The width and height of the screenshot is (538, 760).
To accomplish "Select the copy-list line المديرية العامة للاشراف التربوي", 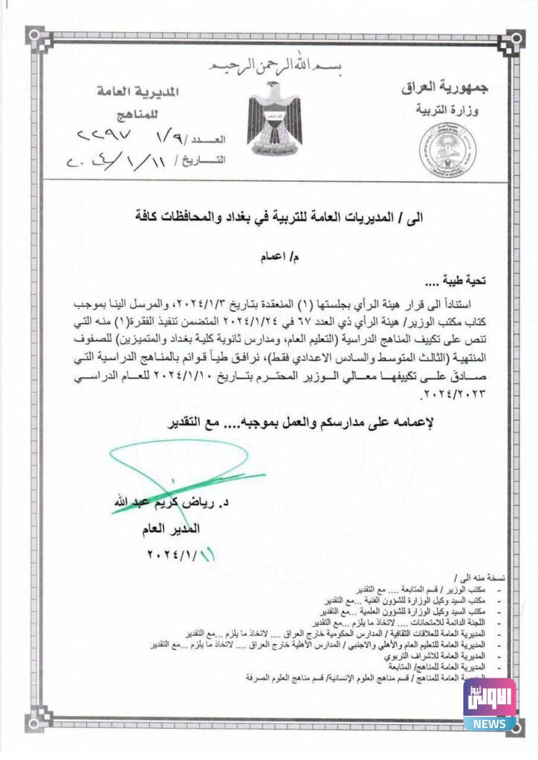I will pyautogui.click(x=438, y=657).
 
